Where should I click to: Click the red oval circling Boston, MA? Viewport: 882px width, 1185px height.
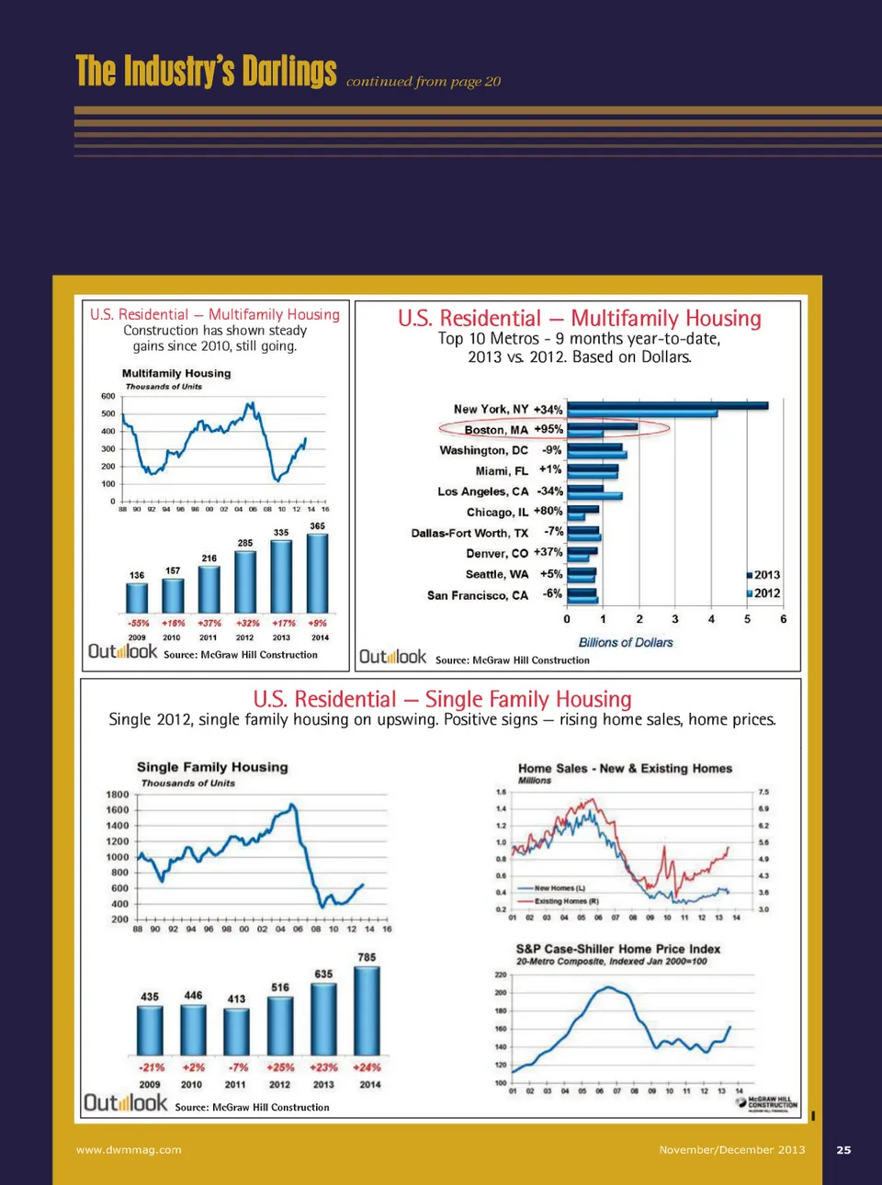(x=554, y=429)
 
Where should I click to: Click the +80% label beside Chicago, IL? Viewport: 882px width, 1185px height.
(x=548, y=511)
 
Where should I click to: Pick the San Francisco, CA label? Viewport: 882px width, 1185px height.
(x=478, y=595)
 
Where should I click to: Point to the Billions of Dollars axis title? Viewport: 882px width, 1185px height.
(x=626, y=643)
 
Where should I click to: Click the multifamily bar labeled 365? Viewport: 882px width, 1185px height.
(x=317, y=573)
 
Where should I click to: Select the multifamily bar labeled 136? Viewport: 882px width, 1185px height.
(x=137, y=597)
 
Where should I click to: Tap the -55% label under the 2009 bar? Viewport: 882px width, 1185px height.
(x=138, y=623)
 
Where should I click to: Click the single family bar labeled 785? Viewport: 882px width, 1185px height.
(x=367, y=1010)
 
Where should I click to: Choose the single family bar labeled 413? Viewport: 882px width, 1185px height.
(x=236, y=1032)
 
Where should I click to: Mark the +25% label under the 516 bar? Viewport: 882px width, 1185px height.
(x=280, y=1067)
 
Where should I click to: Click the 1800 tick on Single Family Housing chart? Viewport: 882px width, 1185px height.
(x=118, y=795)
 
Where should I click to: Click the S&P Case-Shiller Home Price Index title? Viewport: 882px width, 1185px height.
(x=618, y=949)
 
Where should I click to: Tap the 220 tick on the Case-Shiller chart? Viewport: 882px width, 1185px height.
(x=501, y=975)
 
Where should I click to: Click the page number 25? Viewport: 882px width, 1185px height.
(x=843, y=1149)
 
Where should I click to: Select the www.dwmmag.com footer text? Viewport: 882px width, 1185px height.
(x=129, y=1149)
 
